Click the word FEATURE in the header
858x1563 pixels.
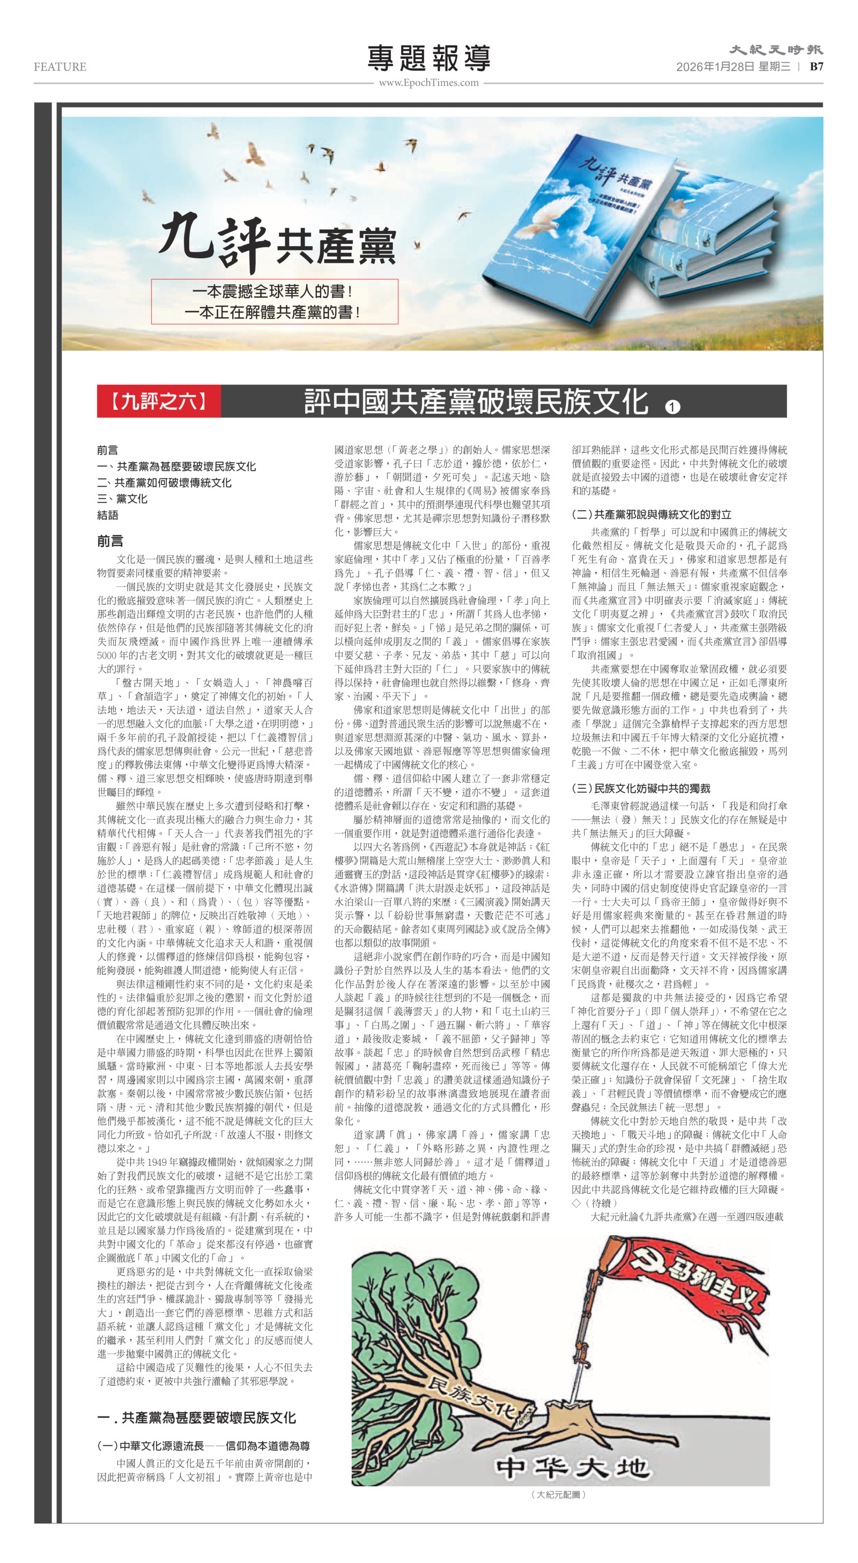(x=60, y=67)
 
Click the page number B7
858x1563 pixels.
(x=816, y=67)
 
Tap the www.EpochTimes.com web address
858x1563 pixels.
(x=428, y=83)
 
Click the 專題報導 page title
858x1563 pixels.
(x=428, y=59)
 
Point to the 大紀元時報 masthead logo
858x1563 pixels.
(x=775, y=50)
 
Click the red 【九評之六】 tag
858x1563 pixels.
(x=159, y=401)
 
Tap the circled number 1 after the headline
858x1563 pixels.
(x=672, y=406)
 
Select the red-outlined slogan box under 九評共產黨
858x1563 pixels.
(x=274, y=302)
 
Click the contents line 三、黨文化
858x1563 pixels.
(x=122, y=499)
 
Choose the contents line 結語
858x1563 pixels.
(x=107, y=515)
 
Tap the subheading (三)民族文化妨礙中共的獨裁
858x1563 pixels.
(x=640, y=788)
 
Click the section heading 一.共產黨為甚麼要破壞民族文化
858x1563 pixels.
(x=196, y=1418)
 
